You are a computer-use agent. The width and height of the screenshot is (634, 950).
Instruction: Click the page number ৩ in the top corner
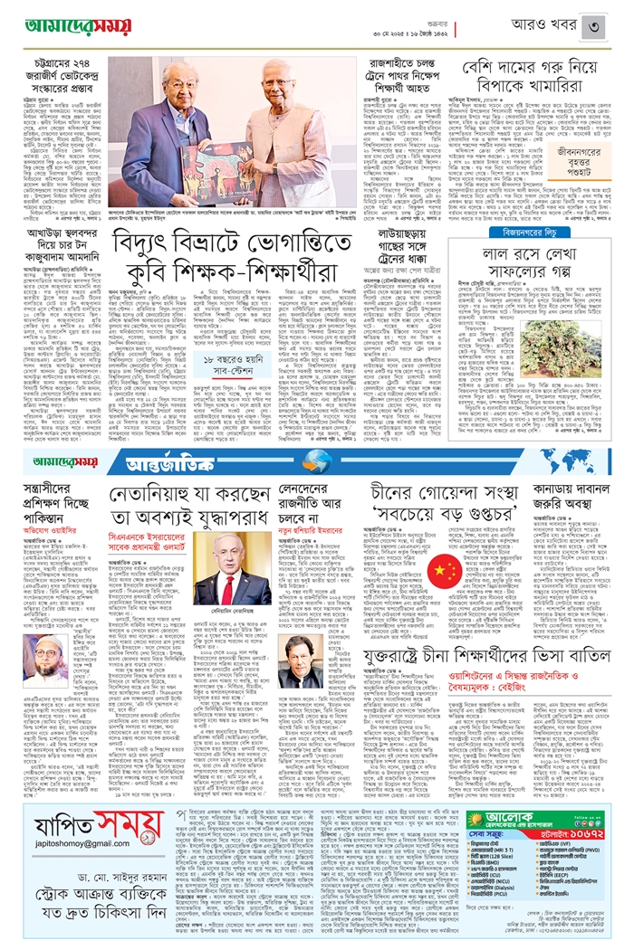coord(613,16)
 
